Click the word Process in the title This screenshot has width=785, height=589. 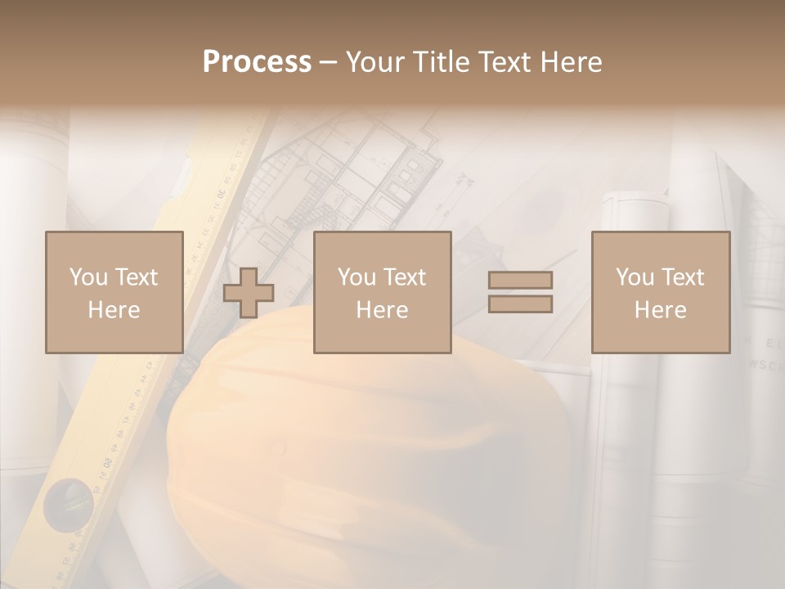coord(257,62)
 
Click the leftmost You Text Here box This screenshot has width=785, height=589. coord(114,292)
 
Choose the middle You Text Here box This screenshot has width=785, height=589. coord(382,292)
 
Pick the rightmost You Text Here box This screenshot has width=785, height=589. coord(660,292)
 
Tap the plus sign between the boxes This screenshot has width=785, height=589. coord(249,293)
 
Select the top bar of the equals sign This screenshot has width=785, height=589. coord(520,281)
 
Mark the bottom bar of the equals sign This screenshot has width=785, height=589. coord(520,304)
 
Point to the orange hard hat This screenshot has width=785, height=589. coord(368,442)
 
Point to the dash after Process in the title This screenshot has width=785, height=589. coord(328,62)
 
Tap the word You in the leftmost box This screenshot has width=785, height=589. coord(88,277)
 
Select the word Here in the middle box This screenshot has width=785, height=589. coord(382,310)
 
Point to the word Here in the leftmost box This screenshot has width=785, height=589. coord(114,310)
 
